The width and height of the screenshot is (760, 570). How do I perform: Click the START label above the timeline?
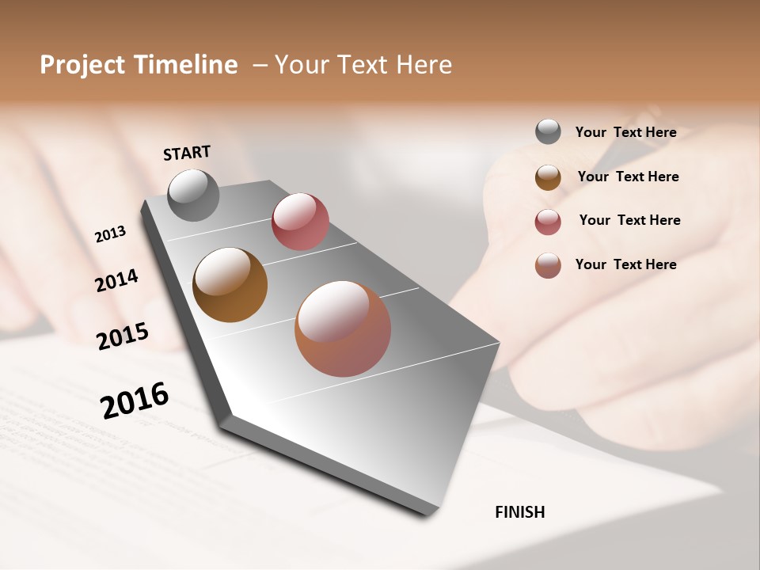pyautogui.click(x=187, y=153)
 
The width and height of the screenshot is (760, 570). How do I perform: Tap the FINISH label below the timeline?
pyautogui.click(x=519, y=512)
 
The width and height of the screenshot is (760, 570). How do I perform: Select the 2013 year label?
pyautogui.click(x=110, y=234)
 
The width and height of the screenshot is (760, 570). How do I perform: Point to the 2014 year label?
pyautogui.click(x=116, y=281)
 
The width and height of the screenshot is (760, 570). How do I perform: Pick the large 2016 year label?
pyautogui.click(x=135, y=400)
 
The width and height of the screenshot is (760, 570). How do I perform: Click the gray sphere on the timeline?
pyautogui.click(x=193, y=195)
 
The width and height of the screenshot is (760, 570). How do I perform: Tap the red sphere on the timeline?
pyautogui.click(x=300, y=222)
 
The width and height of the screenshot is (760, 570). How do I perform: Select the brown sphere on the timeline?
pyautogui.click(x=230, y=285)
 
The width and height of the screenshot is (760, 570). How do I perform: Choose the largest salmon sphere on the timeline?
pyautogui.click(x=343, y=329)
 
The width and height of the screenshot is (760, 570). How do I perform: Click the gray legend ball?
pyautogui.click(x=548, y=131)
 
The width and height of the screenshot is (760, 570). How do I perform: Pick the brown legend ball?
pyautogui.click(x=548, y=177)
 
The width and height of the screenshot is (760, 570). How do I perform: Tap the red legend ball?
pyautogui.click(x=548, y=222)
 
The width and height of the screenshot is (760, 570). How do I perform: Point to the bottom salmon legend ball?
pyautogui.click(x=548, y=265)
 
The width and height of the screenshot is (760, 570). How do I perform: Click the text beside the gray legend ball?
pyautogui.click(x=625, y=132)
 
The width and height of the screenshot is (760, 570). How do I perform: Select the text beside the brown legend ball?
pyautogui.click(x=628, y=177)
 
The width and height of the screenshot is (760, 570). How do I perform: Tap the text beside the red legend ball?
pyautogui.click(x=629, y=220)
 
